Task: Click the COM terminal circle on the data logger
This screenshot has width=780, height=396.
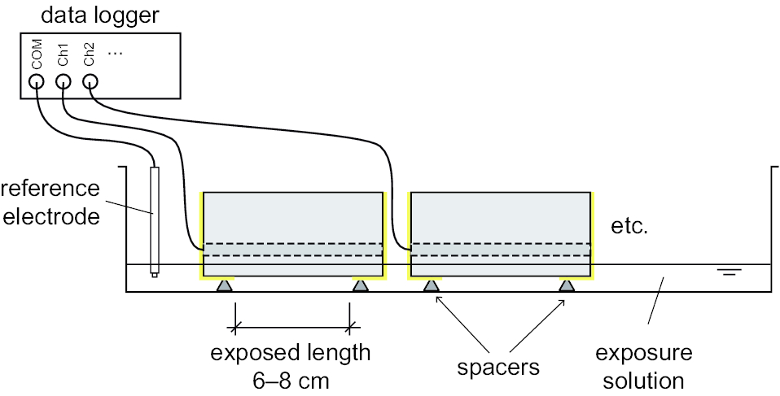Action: click(37, 81)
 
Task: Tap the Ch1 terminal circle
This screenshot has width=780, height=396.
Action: click(64, 81)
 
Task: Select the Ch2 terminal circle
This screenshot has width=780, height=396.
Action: click(90, 81)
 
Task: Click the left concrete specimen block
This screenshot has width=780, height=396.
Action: click(292, 216)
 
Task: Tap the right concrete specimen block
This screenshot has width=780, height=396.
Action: click(500, 216)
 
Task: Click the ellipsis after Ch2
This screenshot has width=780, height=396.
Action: click(115, 52)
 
